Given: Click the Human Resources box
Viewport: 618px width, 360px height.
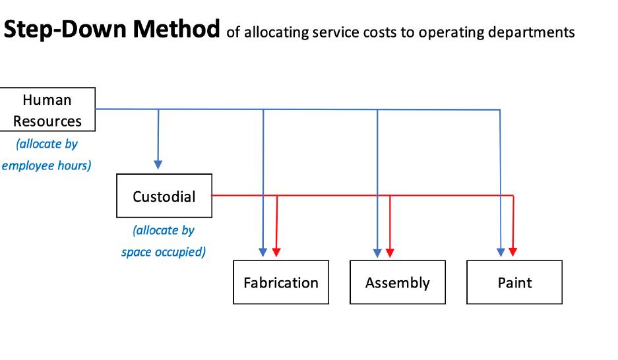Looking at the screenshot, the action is click(x=47, y=109).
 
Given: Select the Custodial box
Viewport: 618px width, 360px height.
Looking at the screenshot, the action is click(x=164, y=196).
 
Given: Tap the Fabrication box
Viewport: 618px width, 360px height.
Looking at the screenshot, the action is click(x=281, y=282).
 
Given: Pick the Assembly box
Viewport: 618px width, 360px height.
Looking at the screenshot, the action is click(x=398, y=282).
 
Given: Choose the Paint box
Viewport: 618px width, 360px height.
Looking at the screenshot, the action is click(x=514, y=282).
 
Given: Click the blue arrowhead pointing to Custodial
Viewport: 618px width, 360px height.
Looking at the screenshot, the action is click(x=158, y=165).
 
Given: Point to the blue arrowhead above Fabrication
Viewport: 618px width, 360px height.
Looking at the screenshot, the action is click(x=263, y=253).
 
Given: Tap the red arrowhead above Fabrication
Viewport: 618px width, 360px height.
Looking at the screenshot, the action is click(x=276, y=253).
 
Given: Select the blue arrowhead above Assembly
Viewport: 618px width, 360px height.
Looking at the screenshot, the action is click(x=377, y=253).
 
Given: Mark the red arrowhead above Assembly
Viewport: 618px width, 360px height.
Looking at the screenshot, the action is click(x=390, y=253).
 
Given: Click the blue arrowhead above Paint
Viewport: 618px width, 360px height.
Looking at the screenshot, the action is click(x=501, y=253).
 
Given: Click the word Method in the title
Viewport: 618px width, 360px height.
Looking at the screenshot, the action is click(x=176, y=29).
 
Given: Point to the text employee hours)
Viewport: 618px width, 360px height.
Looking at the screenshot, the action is click(x=47, y=165).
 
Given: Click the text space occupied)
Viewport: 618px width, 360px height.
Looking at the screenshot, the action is click(x=164, y=252).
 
